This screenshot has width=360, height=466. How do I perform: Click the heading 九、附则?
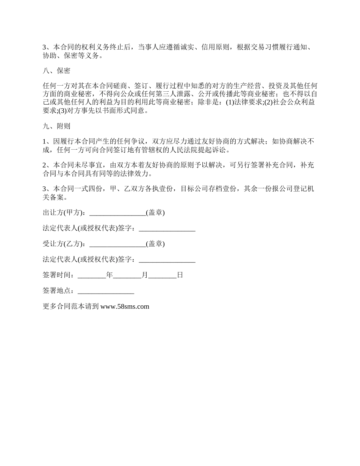(56, 126)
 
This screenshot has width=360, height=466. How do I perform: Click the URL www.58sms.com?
(125, 306)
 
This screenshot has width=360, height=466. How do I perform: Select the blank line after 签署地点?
(106, 291)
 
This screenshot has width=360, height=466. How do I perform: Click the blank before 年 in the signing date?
(92, 275)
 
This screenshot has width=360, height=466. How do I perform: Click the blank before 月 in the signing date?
(127, 275)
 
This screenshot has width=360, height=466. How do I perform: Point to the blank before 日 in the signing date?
(162, 275)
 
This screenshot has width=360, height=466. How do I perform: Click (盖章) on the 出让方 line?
(155, 213)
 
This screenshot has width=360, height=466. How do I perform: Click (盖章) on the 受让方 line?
(155, 244)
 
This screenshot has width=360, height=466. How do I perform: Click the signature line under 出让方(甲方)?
(167, 228)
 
